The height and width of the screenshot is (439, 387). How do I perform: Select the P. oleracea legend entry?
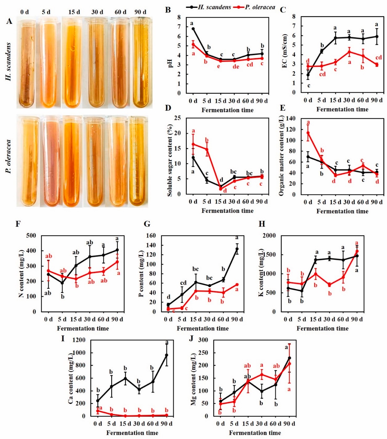[254, 7]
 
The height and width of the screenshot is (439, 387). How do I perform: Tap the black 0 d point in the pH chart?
[193, 29]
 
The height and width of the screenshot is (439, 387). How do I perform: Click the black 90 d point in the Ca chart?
[167, 355]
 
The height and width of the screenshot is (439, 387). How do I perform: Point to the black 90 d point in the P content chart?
[237, 249]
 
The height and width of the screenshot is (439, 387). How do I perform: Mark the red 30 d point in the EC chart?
[349, 52]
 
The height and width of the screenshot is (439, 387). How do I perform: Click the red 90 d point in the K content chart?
[357, 251]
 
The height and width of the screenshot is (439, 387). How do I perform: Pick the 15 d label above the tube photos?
[74, 12]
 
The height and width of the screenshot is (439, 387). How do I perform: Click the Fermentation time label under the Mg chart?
[255, 433]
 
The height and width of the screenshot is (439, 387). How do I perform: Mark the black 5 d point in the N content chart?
[62, 283]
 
